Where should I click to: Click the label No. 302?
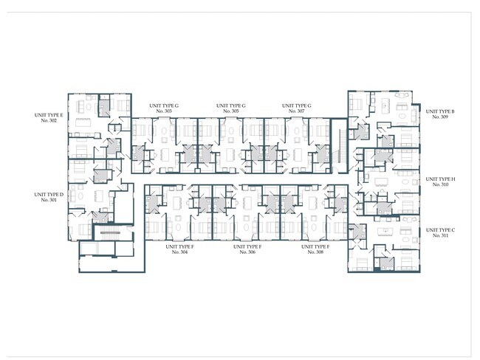pos(49,120)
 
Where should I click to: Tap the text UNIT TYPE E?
pos(49,114)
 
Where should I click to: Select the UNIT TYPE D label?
pos(49,194)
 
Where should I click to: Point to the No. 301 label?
pos(49,200)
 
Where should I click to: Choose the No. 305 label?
pos(231,111)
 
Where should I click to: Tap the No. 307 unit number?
pos(298,111)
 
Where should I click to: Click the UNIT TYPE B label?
pos(441,111)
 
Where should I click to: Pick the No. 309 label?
pos(441,117)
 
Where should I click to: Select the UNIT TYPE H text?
pos(441,179)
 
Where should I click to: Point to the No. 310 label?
pos(441,184)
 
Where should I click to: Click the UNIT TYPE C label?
pos(441,230)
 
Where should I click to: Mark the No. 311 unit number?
pos(441,236)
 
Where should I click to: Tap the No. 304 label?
pos(180,252)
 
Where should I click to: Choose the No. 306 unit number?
pos(247,252)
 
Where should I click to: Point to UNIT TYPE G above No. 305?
pos(231,105)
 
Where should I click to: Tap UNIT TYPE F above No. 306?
pos(247,246)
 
